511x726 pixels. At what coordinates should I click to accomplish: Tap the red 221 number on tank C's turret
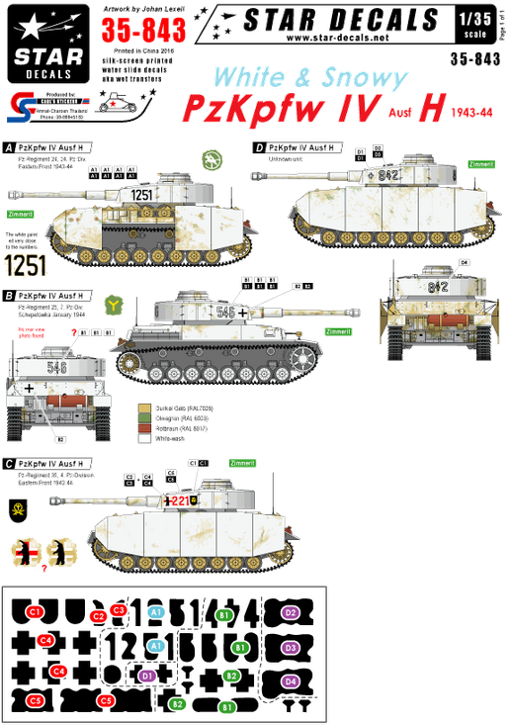tap(177, 500)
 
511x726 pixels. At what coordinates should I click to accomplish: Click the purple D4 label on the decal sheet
tap(292, 681)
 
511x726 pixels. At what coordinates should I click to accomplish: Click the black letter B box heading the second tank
tap(9, 294)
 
